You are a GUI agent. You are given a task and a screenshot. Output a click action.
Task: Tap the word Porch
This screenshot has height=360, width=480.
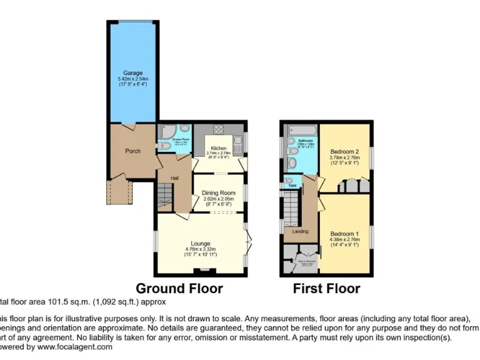point(132,151)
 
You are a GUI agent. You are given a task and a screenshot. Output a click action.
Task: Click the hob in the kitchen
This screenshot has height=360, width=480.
point(220,130)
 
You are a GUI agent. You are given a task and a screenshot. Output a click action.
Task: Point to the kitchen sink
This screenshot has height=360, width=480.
point(237,142)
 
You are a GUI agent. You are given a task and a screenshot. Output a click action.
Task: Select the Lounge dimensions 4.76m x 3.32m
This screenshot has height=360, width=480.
point(201,249)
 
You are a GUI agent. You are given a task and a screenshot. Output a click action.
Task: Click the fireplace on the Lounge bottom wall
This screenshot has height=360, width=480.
point(201,271)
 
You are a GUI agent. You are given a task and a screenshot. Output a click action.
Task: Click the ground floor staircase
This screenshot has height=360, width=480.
point(164,197)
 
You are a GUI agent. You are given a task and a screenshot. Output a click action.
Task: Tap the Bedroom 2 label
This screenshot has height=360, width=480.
point(344,152)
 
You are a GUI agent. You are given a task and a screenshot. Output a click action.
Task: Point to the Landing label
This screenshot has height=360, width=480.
point(300,232)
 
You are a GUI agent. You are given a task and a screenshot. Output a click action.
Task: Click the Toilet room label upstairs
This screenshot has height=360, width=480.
point(291,186)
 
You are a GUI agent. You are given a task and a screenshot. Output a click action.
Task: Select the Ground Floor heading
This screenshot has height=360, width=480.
point(179,289)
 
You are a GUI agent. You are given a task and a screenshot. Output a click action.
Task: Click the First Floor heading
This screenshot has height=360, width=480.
point(326,289)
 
